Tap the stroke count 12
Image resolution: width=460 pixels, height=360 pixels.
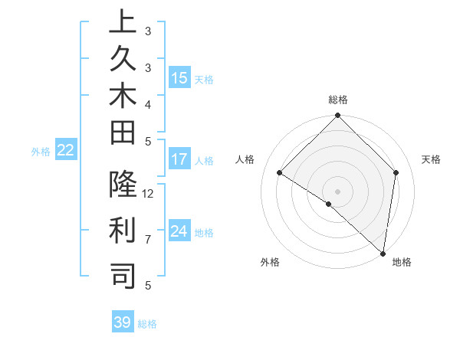149,194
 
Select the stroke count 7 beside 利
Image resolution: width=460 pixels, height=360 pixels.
148,240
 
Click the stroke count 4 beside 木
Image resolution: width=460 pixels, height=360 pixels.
148,103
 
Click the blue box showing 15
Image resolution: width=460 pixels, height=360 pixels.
179,78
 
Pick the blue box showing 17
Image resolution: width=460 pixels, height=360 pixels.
179,160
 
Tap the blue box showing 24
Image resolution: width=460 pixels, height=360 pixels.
179,231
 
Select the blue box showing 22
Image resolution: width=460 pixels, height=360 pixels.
66,151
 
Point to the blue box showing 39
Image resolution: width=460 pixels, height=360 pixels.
122,322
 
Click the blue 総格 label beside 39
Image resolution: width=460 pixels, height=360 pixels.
147,324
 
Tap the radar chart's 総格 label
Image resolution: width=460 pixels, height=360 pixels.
338,100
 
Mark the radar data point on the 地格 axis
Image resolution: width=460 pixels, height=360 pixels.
383,253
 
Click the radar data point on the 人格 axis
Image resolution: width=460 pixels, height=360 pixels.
280,173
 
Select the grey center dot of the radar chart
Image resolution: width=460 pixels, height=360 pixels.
337,191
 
